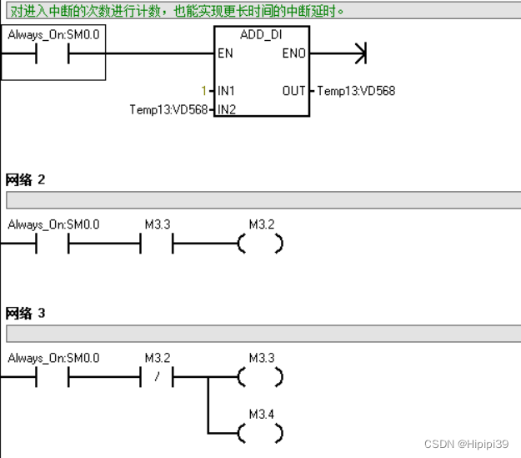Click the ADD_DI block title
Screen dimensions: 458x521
click(261, 37)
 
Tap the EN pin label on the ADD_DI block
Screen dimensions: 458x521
click(226, 54)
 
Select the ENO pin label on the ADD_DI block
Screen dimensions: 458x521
click(294, 54)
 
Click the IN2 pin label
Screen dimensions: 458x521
click(226, 109)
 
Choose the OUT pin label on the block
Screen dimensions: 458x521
click(294, 90)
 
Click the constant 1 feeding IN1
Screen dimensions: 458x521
click(203, 90)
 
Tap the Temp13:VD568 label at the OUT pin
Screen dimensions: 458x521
click(356, 90)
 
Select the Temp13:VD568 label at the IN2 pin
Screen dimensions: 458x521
click(168, 109)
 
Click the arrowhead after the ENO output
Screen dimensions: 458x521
click(360, 54)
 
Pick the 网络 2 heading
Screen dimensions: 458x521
click(25, 179)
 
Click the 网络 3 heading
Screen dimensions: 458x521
click(25, 313)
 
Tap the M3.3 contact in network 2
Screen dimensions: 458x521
click(158, 244)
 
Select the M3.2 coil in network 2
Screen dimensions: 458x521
click(261, 244)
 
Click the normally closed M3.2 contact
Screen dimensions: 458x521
click(158, 377)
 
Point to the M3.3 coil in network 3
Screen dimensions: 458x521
click(261, 377)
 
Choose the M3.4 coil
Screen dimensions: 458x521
click(261, 433)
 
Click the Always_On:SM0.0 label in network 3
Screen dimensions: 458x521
click(53, 358)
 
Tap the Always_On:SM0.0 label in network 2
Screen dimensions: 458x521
click(53, 224)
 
